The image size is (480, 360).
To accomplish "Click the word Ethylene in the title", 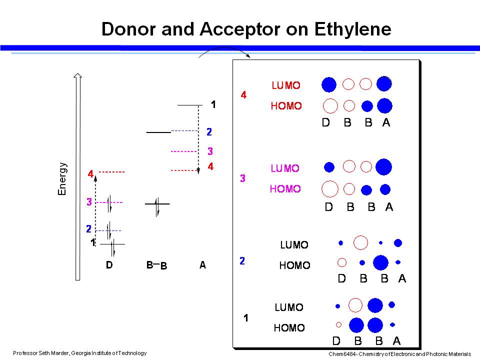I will tap(352, 29).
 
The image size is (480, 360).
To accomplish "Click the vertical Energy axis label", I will tap(62, 178).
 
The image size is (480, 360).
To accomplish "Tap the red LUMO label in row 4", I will tap(286, 85).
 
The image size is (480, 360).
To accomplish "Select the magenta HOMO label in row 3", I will tap(285, 189).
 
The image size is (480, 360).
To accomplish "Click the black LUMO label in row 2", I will tap(294, 245).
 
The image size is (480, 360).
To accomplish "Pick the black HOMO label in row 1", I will tap(289, 328).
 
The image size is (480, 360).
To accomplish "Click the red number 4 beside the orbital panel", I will tap(243, 94).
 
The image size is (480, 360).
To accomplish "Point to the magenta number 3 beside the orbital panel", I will tap(242, 178).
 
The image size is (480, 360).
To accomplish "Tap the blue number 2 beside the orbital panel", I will tap(242, 261).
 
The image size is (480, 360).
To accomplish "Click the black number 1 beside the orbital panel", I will tap(245, 318).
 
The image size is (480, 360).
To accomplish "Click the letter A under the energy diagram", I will tap(202, 265).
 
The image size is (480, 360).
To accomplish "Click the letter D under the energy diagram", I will tap(109, 265).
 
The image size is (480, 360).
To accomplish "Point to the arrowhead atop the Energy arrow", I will tap(77, 76).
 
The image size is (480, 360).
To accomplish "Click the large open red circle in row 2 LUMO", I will tap(360, 243).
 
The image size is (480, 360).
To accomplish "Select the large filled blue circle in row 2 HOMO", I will tap(380, 262).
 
